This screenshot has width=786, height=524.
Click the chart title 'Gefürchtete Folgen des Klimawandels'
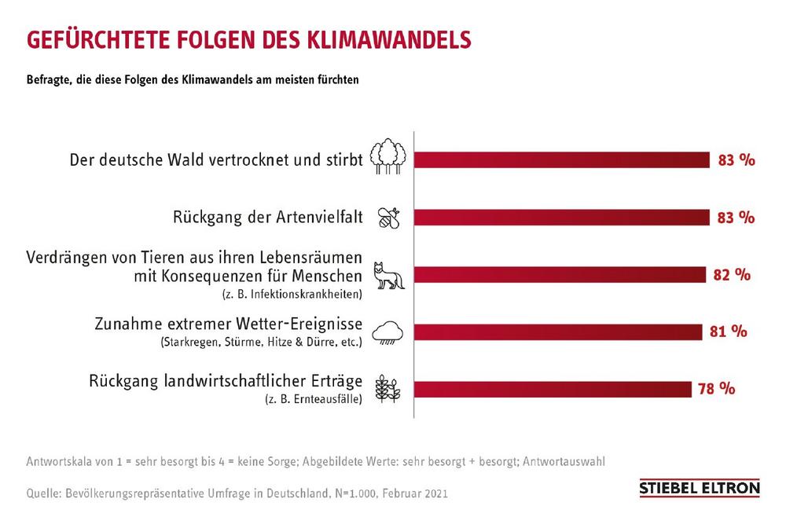248,40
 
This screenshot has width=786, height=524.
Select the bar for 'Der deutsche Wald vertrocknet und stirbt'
561,160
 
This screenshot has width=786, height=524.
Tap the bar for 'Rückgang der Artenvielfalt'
561,218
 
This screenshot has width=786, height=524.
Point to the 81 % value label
727,331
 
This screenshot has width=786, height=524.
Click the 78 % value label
715,388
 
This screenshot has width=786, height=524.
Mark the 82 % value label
732,274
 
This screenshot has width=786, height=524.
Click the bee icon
389,218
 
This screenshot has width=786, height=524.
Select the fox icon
389,276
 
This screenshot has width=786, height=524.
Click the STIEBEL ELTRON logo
700,489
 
